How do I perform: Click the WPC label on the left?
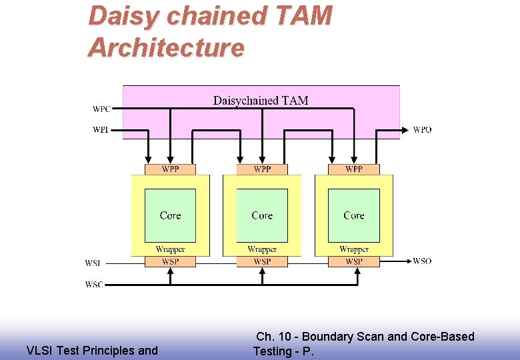[x=102, y=109]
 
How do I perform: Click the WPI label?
[x=101, y=129]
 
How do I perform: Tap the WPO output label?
[x=422, y=129]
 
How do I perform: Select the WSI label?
[x=93, y=263]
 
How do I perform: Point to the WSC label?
[x=94, y=284]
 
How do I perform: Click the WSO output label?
[x=422, y=261]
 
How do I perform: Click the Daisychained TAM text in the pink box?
[x=261, y=101]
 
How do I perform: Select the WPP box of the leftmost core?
[x=170, y=169]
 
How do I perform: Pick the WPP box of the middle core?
[x=262, y=169]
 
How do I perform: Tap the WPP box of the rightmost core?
[x=354, y=169]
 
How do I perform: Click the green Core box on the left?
[x=170, y=215]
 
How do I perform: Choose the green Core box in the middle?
[x=262, y=215]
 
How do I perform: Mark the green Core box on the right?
[x=354, y=215]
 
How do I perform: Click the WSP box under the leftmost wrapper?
[x=170, y=261]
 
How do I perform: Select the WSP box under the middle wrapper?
[x=262, y=261]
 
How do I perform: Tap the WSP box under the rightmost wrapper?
[x=354, y=261]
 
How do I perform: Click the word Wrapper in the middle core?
[x=262, y=249]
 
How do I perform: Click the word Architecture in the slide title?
[x=166, y=48]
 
